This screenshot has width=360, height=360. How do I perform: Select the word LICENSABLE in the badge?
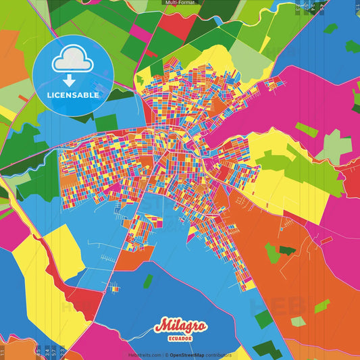point(73,95)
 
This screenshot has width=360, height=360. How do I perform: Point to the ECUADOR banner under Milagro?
point(180,338)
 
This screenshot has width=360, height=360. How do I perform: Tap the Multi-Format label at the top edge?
point(180,3)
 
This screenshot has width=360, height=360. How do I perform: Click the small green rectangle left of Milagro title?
point(147,281)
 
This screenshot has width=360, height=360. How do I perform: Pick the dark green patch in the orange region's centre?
point(287,250)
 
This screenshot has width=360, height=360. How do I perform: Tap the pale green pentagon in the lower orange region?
point(272,253)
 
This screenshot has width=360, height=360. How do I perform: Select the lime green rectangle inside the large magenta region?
point(307,130)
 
